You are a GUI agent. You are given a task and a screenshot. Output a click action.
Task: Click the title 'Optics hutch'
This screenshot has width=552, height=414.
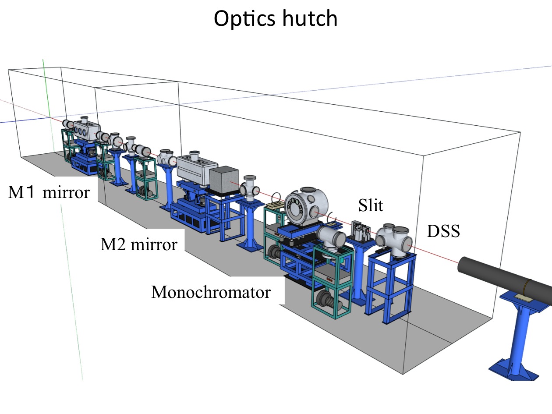(x=276, y=18)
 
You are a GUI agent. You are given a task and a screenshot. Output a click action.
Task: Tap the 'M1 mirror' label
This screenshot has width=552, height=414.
(x=49, y=192)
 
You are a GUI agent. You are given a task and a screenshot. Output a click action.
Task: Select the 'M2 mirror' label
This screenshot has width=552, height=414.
(x=139, y=244)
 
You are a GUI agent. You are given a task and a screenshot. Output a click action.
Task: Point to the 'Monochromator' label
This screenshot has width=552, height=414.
(x=211, y=292)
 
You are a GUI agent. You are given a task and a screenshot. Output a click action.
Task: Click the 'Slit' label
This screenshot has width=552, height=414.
(x=371, y=205)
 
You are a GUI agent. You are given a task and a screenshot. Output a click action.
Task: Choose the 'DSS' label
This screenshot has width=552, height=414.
(x=443, y=231)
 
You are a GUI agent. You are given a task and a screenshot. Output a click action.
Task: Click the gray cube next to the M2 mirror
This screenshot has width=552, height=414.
(x=225, y=181)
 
